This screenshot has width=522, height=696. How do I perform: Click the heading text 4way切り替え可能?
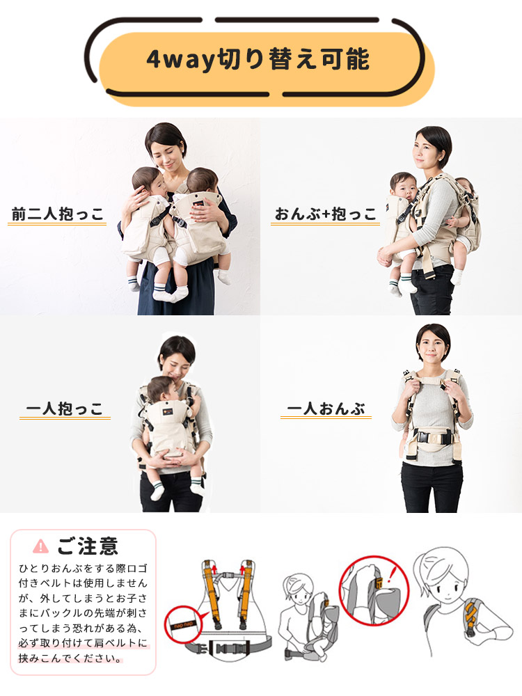click(x=258, y=59)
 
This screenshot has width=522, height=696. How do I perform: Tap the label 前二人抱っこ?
click(x=58, y=213)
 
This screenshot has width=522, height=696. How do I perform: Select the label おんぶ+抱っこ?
click(x=325, y=213)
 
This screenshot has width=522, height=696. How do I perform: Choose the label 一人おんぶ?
click(x=326, y=408)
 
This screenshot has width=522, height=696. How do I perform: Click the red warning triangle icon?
click(x=41, y=546)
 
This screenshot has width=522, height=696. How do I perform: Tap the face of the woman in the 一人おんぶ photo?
click(x=432, y=345)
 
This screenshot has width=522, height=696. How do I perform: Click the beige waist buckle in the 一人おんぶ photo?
click(x=432, y=440)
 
